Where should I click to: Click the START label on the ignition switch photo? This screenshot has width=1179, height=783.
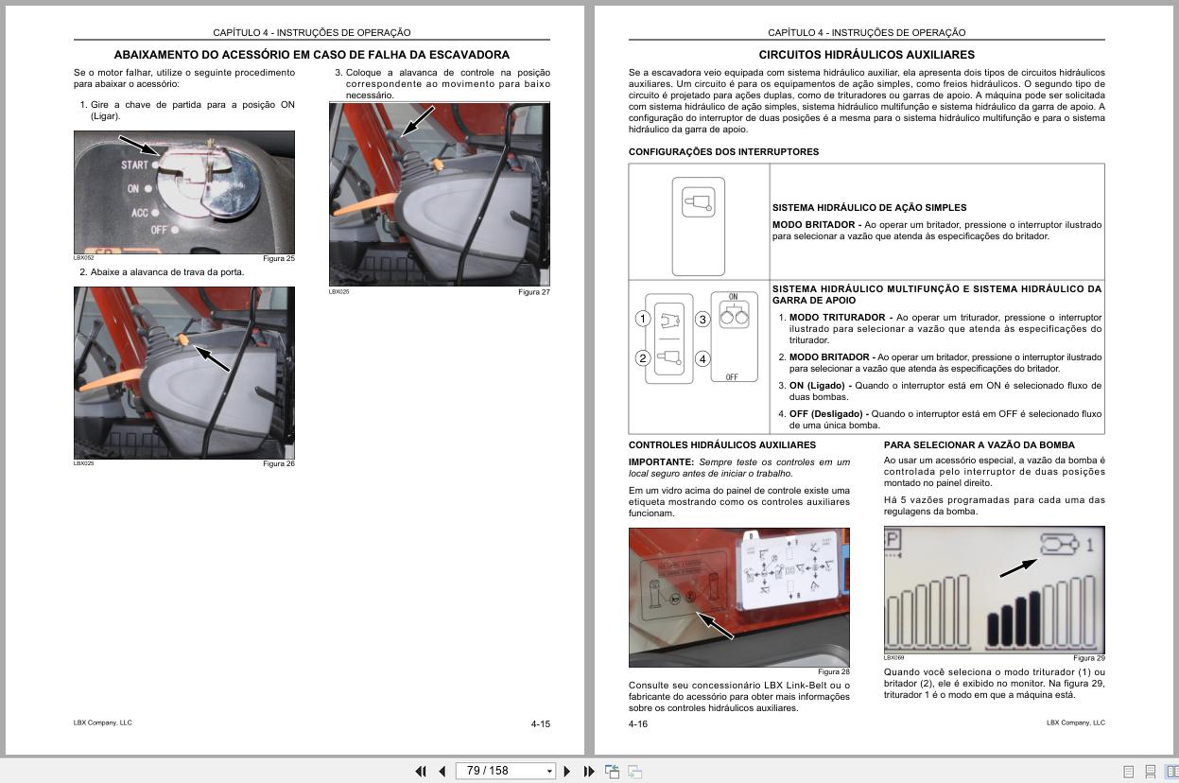point(134,165)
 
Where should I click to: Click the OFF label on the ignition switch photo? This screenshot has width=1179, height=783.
point(158,230)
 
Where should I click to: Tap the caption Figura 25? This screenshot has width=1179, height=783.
point(278,258)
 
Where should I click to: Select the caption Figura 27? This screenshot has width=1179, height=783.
point(533,292)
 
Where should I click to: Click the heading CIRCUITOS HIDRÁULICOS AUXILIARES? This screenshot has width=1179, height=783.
point(866,55)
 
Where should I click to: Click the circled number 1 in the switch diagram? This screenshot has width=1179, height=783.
point(643,319)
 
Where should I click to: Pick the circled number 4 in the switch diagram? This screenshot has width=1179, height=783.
point(702,358)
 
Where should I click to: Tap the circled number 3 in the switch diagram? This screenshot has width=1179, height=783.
point(702,320)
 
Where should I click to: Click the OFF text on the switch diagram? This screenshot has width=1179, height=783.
point(732,377)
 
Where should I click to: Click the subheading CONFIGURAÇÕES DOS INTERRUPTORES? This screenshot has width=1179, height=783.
point(723,151)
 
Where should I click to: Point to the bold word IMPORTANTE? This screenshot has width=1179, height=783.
point(661,462)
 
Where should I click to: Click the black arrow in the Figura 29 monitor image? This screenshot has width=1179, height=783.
point(1017,566)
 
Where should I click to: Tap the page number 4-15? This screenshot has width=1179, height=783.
point(540,724)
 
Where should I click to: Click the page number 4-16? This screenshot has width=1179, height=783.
point(638,724)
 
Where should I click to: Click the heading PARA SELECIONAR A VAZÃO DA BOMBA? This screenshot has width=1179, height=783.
point(979,444)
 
